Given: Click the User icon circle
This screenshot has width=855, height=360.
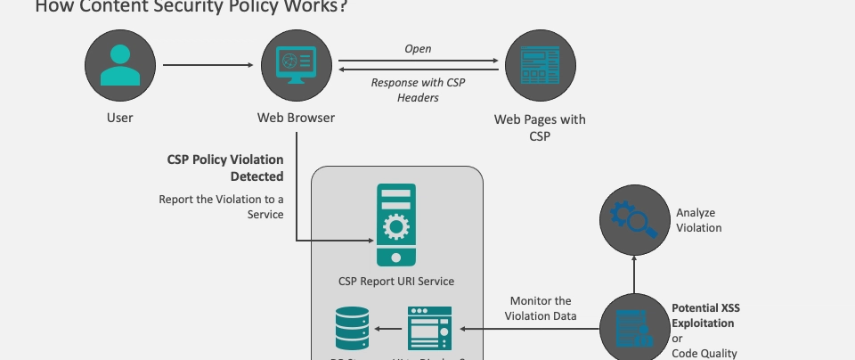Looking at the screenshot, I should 120,64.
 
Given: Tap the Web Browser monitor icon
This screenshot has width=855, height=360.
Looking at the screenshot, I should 297,64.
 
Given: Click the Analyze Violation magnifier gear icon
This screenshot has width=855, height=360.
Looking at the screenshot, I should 635,219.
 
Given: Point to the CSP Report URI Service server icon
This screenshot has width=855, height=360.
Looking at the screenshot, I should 396,225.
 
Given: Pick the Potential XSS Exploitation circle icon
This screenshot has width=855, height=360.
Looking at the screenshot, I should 635,328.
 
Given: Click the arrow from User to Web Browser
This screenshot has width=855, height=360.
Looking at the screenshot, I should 208,64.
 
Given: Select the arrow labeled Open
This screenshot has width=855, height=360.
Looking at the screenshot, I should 419,61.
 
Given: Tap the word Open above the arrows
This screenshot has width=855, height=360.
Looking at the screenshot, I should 418,48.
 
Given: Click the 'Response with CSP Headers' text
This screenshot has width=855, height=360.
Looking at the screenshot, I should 418,90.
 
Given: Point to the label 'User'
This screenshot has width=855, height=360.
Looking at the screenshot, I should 119,117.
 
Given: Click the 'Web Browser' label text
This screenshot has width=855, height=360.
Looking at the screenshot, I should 296,117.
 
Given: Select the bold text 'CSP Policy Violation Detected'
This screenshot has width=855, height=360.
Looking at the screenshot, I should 225,168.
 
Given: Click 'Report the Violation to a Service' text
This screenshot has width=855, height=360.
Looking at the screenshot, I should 222,207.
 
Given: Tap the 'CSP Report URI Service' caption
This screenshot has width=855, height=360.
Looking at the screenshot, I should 396,281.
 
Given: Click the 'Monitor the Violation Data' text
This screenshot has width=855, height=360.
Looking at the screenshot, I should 541,308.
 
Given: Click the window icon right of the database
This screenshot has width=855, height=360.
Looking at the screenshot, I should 429,328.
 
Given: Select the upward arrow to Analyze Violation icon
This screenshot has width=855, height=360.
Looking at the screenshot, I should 635,275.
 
